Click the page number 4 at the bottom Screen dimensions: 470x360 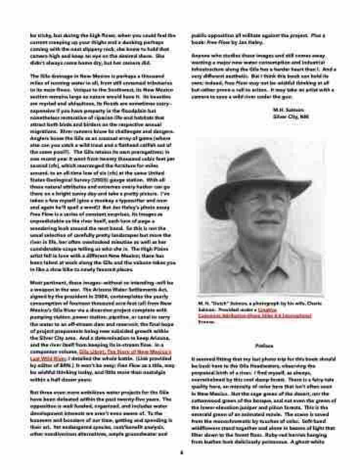[180, 452]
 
